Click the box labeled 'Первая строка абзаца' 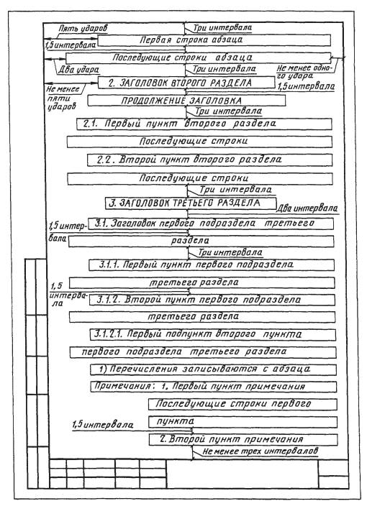(214, 40)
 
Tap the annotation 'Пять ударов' (83, 28)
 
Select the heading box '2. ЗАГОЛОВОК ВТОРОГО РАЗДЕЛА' (186, 83)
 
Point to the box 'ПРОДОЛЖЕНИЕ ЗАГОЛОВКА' (186, 101)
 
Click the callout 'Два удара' (79, 70)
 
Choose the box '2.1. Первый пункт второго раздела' (204, 124)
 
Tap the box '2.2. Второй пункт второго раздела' (209, 160)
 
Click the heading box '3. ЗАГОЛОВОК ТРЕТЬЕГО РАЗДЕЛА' (191, 203)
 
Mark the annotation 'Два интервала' (307, 208)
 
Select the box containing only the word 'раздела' (201, 241)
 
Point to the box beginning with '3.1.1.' (212, 265)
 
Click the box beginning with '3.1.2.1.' (212, 335)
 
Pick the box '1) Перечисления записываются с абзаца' (213, 369)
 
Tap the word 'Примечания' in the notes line (122, 386)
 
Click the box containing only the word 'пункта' (243, 422)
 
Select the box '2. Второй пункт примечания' (243, 440)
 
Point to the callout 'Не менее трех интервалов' (260, 451)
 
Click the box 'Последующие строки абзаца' (199, 58)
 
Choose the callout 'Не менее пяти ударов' (63, 98)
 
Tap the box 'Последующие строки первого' (243, 404)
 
